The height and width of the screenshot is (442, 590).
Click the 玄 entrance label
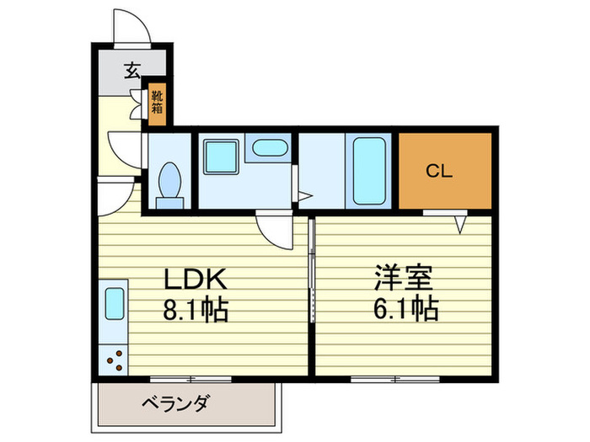coord(132,71)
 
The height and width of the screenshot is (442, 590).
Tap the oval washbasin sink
coord(270,149)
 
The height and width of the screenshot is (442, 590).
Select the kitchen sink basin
coord(114,304)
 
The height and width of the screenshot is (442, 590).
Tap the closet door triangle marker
coord(461,224)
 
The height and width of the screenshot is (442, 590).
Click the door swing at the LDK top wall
coord(276,229)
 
